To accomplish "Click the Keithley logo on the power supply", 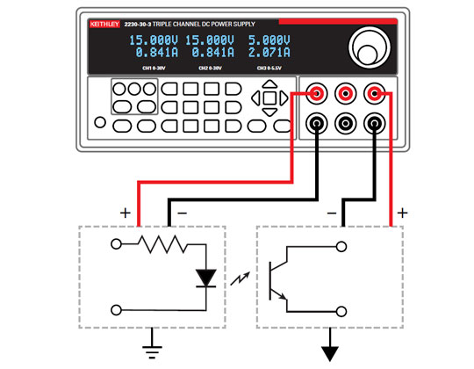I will (105, 25).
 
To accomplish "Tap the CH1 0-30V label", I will (154, 68).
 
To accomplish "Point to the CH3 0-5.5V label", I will (269, 68).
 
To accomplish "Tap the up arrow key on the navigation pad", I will (270, 88).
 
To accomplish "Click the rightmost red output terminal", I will (377, 92).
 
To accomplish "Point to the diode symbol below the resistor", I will (206, 278).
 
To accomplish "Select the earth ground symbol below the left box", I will (153, 343).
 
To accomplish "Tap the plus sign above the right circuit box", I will (403, 213).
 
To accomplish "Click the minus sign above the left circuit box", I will (182, 213).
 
